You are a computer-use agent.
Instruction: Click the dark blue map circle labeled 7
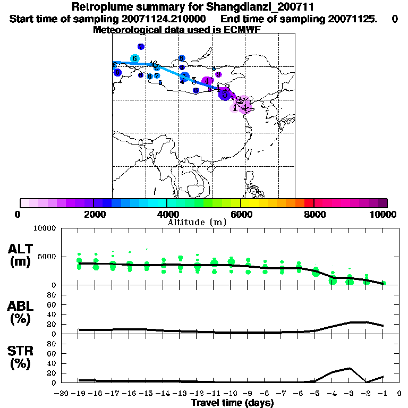[141, 47]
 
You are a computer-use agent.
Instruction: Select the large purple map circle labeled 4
[208, 80]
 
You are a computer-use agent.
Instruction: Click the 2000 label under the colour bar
[93, 214]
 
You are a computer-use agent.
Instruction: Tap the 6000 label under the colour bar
[240, 214]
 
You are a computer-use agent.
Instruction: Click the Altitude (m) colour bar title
[197, 222]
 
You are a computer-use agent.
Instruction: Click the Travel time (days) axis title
[232, 403]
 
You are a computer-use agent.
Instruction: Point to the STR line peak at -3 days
[350, 368]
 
